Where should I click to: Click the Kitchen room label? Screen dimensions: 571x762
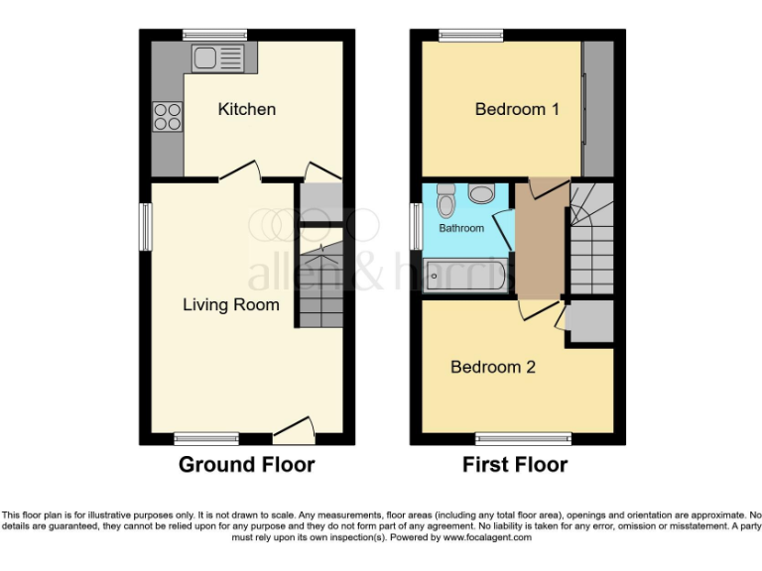pyautogui.click(x=246, y=109)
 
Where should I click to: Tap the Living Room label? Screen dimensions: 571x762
pyautogui.click(x=230, y=304)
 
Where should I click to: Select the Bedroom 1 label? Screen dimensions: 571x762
pyautogui.click(x=516, y=109)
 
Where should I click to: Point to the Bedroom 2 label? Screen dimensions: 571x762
pyautogui.click(x=493, y=367)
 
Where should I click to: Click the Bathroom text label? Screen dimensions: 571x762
pyautogui.click(x=462, y=228)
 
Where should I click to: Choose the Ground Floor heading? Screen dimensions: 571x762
pyautogui.click(x=246, y=464)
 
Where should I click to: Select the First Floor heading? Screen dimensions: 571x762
pyautogui.click(x=515, y=464)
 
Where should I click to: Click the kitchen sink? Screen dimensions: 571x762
pyautogui.click(x=218, y=57)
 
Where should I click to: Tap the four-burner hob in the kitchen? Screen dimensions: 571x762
pyautogui.click(x=167, y=117)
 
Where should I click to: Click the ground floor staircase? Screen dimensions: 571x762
pyautogui.click(x=318, y=287)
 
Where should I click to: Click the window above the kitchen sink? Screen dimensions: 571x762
pyautogui.click(x=214, y=35)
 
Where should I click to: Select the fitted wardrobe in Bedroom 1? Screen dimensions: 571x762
pyautogui.click(x=597, y=109)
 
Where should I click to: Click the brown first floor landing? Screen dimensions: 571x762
pyautogui.click(x=539, y=243)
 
